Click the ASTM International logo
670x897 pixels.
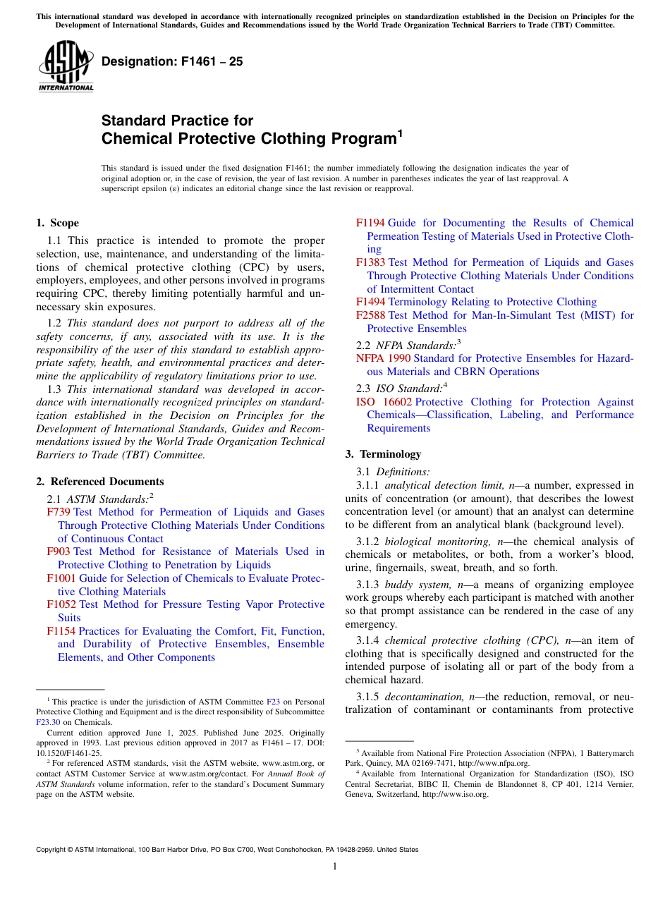(65, 66)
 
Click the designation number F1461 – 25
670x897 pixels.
(172, 61)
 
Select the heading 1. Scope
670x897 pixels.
(57, 223)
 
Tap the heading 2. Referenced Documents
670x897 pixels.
(99, 482)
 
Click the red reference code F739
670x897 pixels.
(59, 512)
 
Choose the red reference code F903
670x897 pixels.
(59, 551)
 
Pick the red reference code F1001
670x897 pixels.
(61, 578)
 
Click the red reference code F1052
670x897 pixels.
(61, 604)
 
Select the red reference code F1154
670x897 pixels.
(61, 631)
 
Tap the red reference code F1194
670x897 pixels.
(370, 223)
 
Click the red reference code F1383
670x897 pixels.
(370, 262)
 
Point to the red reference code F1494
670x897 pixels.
(370, 302)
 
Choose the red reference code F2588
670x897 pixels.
(370, 315)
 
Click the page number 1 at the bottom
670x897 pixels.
(335, 867)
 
